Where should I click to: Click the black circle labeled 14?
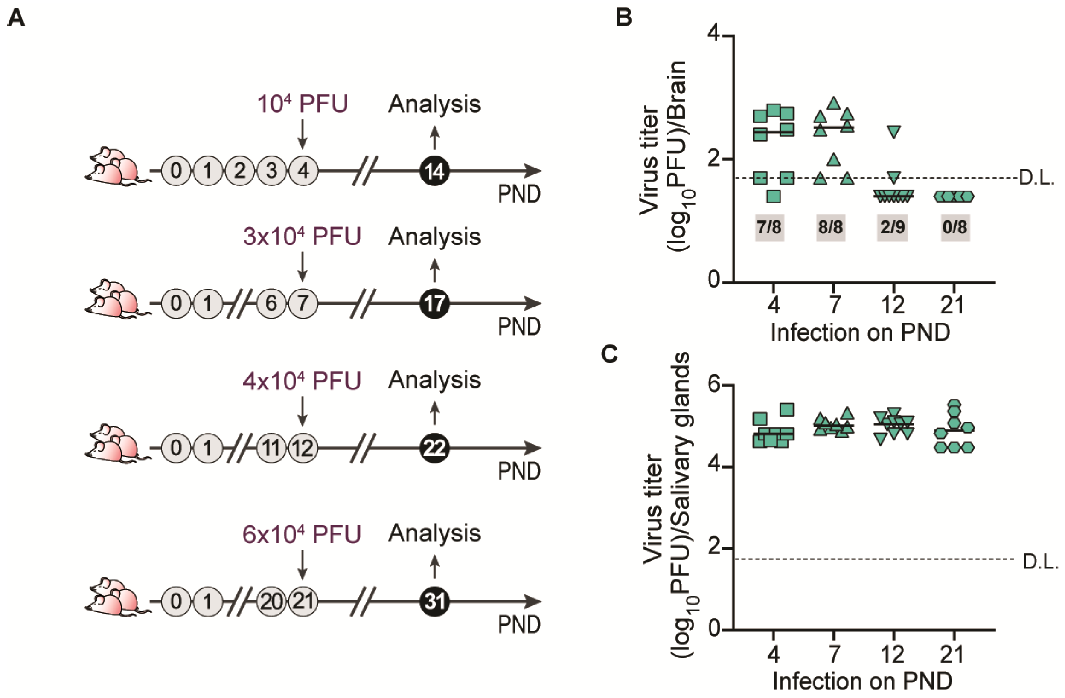[434, 171]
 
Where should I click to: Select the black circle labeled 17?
[434, 304]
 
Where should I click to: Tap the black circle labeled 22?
[434, 448]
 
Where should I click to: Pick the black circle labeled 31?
[434, 601]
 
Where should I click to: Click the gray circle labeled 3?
[272, 171]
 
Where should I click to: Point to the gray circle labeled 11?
[272, 448]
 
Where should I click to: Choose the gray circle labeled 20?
[272, 601]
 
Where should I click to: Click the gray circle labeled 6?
[272, 304]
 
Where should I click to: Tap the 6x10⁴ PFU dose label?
[302, 534]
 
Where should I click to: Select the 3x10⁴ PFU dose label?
[302, 237]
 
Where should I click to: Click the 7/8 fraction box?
[769, 227]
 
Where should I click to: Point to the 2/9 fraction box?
[892, 227]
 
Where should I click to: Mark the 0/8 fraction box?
[955, 227]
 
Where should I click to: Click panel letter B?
[624, 18]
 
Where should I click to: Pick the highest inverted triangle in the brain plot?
[893, 132]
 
